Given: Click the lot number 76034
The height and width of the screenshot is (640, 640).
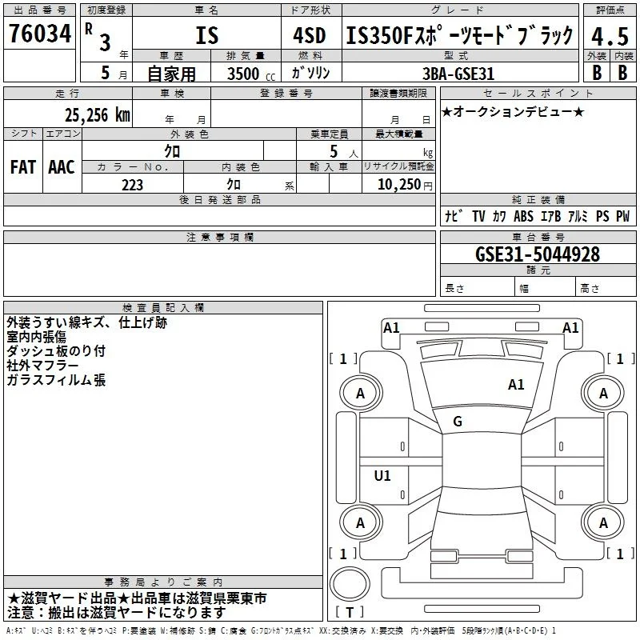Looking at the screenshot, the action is coord(40,34).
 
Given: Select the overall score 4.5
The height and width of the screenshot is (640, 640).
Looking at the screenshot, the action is coord(610,36).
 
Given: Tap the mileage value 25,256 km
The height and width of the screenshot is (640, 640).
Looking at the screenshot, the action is coord(98,115).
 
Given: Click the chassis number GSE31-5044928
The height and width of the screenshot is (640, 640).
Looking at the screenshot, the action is coord(538,254).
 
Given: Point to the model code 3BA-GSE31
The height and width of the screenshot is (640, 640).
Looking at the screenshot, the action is coord(458,74).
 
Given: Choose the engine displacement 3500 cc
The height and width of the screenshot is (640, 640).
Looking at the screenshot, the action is coord(251,74).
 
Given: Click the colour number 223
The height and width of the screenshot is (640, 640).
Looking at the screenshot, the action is coord(132,185).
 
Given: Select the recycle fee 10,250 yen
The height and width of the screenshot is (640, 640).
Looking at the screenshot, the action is coord(405,185).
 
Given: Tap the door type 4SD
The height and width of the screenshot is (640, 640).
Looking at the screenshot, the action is coord(310,35).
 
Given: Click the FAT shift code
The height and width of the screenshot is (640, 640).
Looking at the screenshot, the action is coord(23,167).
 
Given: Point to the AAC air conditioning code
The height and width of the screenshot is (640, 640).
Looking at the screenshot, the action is coord(62,167).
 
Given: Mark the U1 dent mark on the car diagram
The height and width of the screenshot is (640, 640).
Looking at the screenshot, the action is coord(382,475).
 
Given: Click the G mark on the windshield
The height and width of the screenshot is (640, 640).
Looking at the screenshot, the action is coord(458,422).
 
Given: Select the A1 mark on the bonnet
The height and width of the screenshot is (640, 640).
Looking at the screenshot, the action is coord(516,385).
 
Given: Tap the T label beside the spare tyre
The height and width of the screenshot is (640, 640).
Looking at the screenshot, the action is coord(350,612).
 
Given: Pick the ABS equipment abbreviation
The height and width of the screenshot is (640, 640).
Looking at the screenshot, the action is coord(523,216).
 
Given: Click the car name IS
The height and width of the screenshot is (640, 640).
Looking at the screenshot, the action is coord(207,35).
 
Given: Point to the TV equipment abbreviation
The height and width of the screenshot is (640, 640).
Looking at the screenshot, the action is coord(478,216).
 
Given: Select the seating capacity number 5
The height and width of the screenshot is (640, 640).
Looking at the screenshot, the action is coord(334,151).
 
